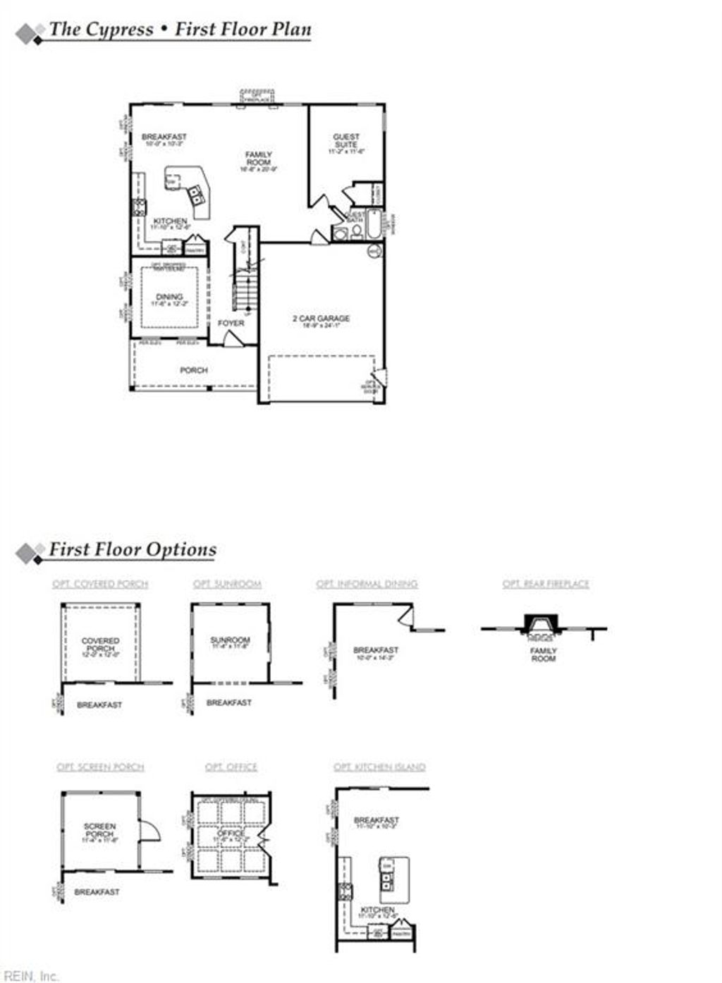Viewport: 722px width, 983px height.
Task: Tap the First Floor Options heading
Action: click(x=132, y=550)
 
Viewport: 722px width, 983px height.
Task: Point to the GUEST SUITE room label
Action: click(x=346, y=140)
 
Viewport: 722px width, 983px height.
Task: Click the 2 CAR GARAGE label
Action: click(x=321, y=319)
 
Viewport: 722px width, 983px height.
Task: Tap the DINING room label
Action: click(x=169, y=297)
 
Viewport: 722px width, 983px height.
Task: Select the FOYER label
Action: click(x=231, y=323)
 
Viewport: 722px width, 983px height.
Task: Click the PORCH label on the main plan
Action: click(x=193, y=370)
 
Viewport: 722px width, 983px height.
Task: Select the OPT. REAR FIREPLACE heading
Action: click(x=545, y=584)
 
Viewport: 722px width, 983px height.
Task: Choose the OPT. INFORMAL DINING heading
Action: click(x=367, y=584)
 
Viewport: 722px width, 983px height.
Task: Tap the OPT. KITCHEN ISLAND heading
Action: click(x=379, y=767)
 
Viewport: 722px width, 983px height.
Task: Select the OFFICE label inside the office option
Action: click(x=231, y=834)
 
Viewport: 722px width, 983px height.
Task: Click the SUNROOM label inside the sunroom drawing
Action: click(x=230, y=640)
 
